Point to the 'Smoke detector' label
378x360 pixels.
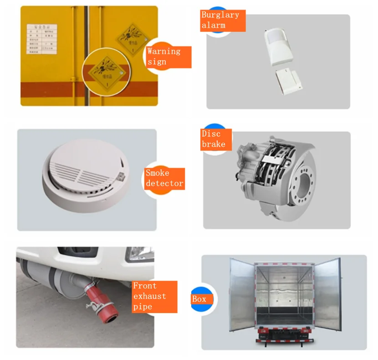164,178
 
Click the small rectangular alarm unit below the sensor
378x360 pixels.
289,81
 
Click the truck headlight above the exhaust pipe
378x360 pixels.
138,253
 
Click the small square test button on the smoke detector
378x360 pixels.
121,175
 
